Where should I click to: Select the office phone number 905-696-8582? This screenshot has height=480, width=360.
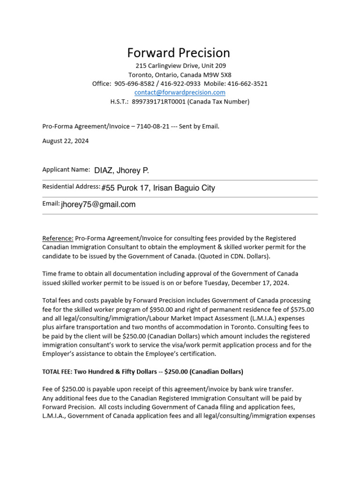[x=134, y=83]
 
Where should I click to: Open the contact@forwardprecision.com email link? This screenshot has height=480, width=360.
[x=180, y=92]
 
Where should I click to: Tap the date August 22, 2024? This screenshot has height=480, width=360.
[x=66, y=141]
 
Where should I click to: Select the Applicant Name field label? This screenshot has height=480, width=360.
[x=66, y=169]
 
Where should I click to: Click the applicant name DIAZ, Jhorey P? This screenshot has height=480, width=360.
[x=121, y=170]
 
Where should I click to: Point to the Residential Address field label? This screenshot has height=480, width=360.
[x=71, y=187]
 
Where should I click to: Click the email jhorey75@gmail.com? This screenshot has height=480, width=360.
[x=98, y=204]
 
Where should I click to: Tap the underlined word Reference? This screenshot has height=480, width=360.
[x=58, y=238]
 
